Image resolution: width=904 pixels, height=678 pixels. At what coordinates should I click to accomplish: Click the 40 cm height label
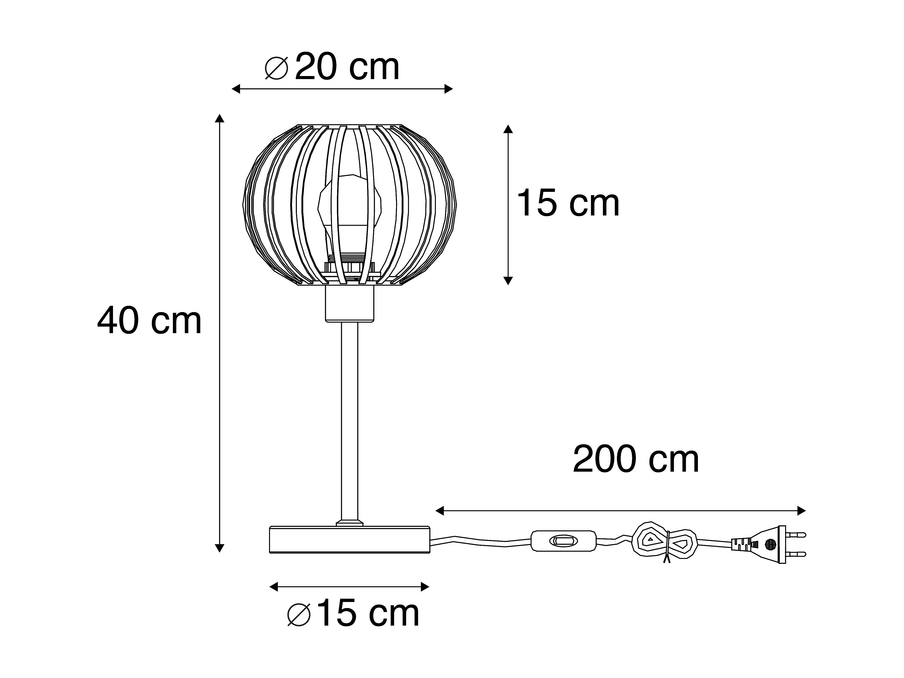click(x=149, y=321)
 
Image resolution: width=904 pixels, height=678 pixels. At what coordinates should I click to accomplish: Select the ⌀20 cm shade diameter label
click(x=332, y=67)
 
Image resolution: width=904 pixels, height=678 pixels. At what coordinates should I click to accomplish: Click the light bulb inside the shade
click(x=350, y=217)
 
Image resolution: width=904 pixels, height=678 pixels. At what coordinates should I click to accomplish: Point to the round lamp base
click(x=350, y=540)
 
